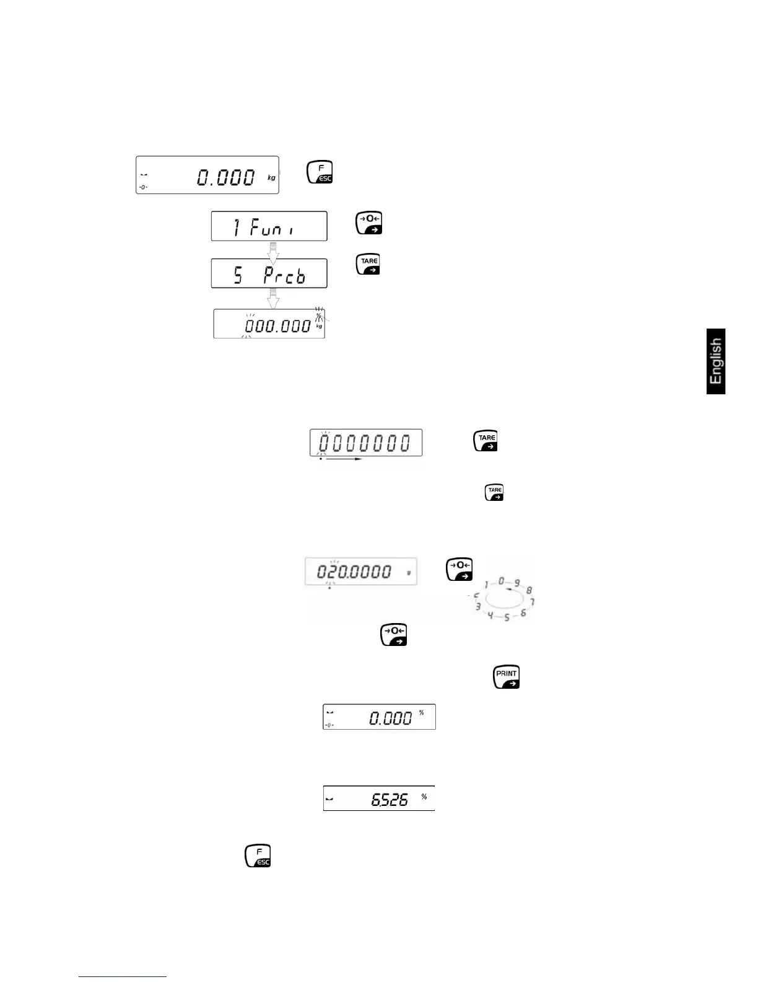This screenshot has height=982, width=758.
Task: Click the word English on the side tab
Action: tap(716, 361)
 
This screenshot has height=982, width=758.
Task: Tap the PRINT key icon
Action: tap(506, 676)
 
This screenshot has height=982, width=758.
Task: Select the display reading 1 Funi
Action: tap(269, 226)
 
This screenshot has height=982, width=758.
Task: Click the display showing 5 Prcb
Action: tap(269, 273)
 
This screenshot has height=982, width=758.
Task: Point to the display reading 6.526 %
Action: tap(379, 798)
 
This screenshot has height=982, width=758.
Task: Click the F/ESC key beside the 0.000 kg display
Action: tap(320, 172)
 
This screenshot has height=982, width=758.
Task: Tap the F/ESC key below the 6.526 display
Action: tap(258, 855)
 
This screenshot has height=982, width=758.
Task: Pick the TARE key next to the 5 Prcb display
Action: tap(368, 264)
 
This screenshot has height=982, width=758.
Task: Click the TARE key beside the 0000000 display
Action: tap(486, 441)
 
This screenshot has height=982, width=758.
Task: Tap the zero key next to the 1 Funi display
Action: tap(369, 223)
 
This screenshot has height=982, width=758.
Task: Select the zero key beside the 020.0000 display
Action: tap(460, 569)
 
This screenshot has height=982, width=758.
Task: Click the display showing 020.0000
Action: tap(359, 571)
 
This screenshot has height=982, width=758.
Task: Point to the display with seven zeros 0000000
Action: tap(365, 443)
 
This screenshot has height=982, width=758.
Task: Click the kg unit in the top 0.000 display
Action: tap(271, 178)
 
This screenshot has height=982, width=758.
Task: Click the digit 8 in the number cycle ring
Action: tap(529, 590)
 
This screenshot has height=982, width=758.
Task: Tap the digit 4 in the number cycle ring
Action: tap(490, 616)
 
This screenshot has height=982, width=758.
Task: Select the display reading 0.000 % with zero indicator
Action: tap(379, 717)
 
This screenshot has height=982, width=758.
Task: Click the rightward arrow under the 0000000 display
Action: tap(344, 459)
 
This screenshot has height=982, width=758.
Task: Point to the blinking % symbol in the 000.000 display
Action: tap(318, 316)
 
